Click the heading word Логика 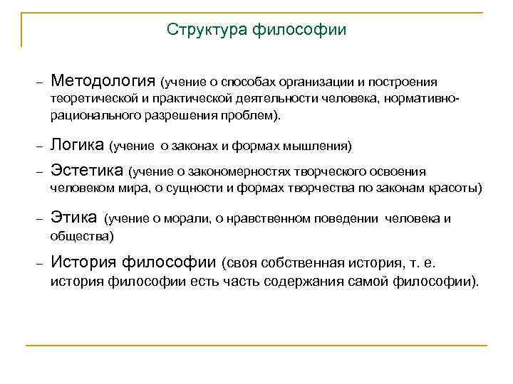(x=78, y=146)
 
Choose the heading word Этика (x=74, y=218)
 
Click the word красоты (x=455, y=188)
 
